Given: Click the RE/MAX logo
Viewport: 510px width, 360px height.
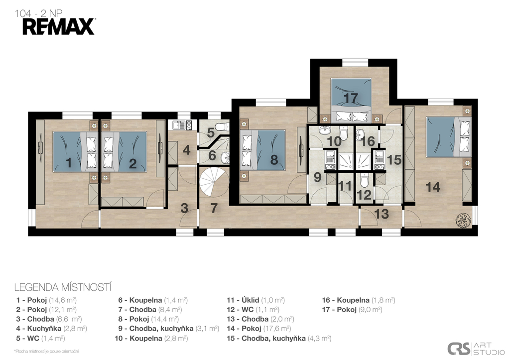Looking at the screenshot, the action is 59,27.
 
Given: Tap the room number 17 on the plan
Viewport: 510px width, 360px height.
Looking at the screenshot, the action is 351,98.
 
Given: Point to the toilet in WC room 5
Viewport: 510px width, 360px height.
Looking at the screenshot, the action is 222,126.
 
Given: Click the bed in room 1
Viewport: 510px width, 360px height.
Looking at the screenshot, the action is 75,151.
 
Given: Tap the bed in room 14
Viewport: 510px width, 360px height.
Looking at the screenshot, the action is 448,136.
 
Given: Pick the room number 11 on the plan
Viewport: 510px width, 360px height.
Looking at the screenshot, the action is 345,186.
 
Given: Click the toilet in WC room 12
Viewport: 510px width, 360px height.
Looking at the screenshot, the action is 364,180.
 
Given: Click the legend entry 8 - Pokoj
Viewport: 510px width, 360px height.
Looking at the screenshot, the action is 148,319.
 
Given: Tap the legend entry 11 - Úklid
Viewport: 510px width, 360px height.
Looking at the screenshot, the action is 255,300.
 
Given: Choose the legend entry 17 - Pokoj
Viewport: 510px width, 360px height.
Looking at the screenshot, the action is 352,310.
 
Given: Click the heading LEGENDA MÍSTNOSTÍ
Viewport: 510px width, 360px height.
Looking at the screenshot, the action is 63,287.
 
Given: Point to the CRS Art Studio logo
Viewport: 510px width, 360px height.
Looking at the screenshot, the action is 476,349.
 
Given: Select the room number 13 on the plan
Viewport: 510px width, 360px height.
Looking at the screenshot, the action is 381,214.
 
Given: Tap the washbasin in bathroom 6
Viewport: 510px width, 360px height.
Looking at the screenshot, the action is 225,158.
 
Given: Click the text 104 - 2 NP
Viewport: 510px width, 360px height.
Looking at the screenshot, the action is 38,13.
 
